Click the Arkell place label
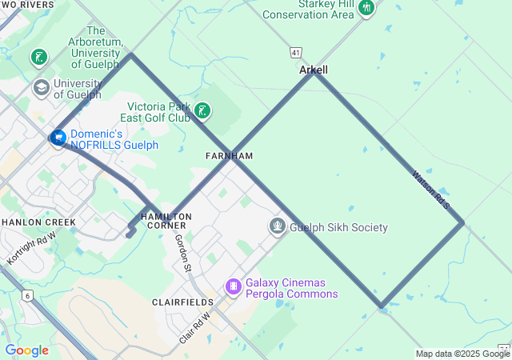pyautogui.click(x=314, y=70)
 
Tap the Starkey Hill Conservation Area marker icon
pyautogui.click(x=366, y=8)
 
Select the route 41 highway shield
pyautogui.click(x=296, y=52)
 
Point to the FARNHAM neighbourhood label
pyautogui.click(x=229, y=155)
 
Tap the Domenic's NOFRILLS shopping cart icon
pyautogui.click(x=58, y=138)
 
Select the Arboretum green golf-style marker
pyautogui.click(x=38, y=58)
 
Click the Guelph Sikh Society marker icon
pyautogui.click(x=278, y=226)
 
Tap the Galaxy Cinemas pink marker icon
pyautogui.click(x=234, y=285)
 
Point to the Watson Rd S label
pyautogui.click(x=432, y=190)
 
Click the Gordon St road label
pyautogui.click(x=183, y=252)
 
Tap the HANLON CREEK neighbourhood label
pyautogui.click(x=38, y=222)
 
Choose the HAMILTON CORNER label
pyautogui.click(x=166, y=221)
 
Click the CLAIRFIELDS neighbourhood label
pyautogui.click(x=182, y=302)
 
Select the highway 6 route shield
pyautogui.click(x=29, y=296)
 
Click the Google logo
pyautogui.click(x=27, y=350)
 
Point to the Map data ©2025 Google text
pyautogui.click(x=462, y=354)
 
